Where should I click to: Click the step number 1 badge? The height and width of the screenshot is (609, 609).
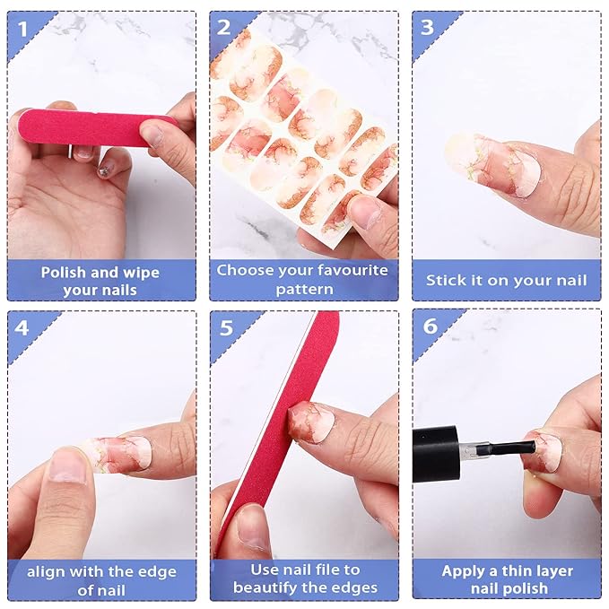(x=23, y=29)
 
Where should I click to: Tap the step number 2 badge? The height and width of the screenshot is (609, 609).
(x=223, y=28)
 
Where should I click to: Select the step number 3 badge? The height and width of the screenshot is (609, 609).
(x=427, y=28)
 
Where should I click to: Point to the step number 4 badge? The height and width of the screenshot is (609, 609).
(x=22, y=327)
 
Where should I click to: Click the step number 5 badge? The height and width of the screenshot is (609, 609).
(x=226, y=327)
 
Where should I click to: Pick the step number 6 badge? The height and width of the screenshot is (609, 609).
(x=430, y=326)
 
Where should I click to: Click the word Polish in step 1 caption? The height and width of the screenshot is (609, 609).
(x=64, y=273)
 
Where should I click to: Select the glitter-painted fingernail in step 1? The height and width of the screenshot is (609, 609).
(x=105, y=170)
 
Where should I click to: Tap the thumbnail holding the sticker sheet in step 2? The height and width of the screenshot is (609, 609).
(x=364, y=212)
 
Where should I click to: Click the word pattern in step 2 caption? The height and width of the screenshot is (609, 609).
(x=305, y=290)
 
